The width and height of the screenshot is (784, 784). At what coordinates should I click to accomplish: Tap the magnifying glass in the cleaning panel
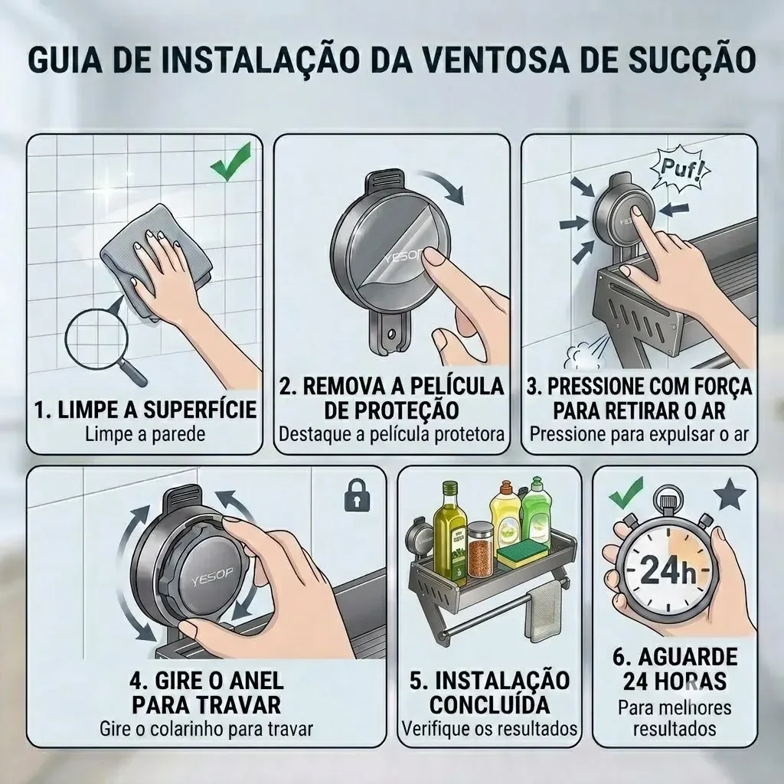103,345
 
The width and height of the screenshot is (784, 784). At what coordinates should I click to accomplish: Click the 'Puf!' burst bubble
680,168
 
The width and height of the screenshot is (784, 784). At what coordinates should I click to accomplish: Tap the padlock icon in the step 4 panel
358,495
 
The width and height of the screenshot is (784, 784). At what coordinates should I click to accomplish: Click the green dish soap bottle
537,511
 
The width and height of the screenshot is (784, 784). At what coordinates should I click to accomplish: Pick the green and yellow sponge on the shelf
521,556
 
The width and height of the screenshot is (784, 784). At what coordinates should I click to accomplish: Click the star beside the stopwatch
730,494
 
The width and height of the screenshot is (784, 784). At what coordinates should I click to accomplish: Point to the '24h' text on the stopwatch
668,570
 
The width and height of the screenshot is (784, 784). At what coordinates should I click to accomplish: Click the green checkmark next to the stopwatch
626,493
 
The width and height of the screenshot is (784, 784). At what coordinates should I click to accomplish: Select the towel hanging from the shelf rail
545,610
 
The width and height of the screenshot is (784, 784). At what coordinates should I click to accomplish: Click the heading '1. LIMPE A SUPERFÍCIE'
145,410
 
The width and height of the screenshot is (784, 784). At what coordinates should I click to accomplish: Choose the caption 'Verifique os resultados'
490,729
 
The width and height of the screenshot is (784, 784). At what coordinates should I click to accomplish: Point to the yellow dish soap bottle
505,515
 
